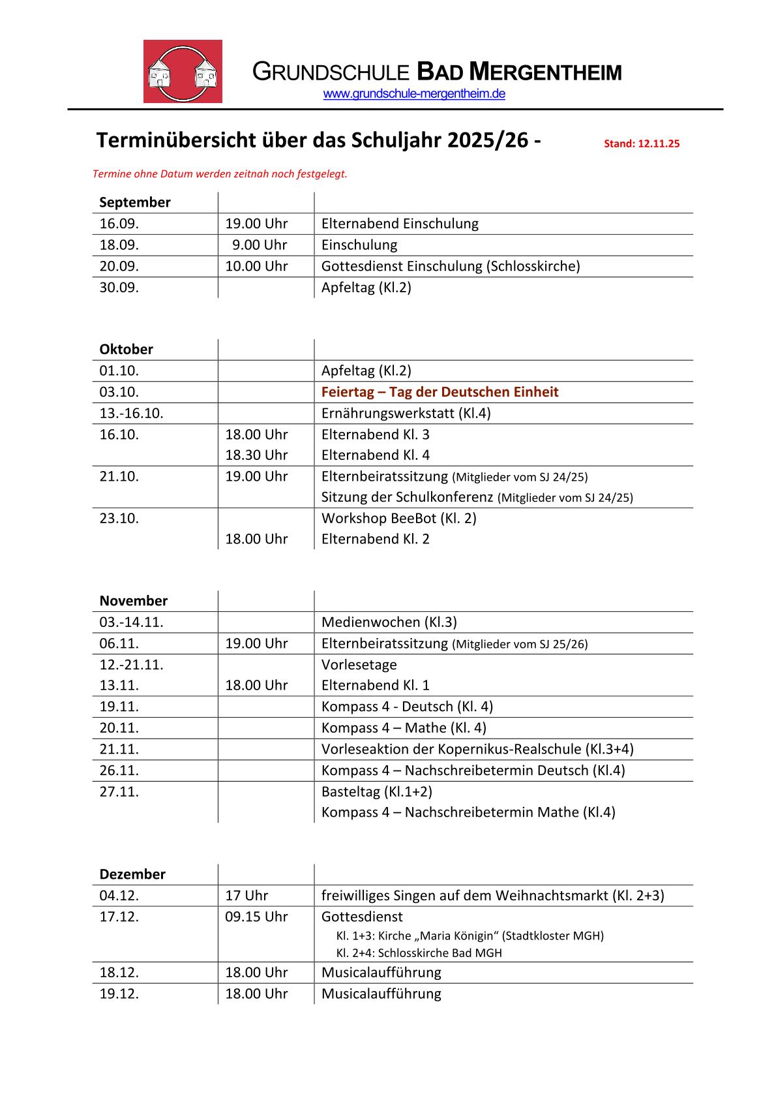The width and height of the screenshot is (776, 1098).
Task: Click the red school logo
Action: click(183, 71)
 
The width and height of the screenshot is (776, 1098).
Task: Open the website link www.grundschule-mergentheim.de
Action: click(414, 94)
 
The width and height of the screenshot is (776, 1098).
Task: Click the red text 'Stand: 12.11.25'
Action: click(641, 144)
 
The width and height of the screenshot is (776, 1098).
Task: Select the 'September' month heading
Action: click(135, 202)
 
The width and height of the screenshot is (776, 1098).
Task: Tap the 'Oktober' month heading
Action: click(126, 349)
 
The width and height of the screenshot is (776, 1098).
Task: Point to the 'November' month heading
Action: click(133, 600)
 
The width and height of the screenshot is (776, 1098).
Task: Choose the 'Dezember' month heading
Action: click(132, 874)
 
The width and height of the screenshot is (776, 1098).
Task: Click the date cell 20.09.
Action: click(119, 266)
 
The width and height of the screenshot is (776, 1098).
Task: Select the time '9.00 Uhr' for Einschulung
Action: click(260, 245)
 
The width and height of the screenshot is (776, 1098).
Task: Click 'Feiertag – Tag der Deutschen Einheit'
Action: click(440, 391)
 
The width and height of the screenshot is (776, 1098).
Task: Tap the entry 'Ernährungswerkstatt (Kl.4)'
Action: click(406, 413)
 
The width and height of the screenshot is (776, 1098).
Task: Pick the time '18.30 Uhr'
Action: click(256, 455)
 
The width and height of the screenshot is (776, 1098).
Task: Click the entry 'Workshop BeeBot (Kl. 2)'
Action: click(398, 518)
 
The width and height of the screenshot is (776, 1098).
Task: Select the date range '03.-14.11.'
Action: click(131, 622)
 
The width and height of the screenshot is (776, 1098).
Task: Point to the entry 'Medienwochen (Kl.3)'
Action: click(389, 622)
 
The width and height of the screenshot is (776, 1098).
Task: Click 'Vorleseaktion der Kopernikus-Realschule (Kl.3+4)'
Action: click(477, 748)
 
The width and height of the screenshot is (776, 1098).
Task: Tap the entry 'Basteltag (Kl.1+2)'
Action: click(376, 791)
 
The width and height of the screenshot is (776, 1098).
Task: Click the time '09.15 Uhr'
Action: click(256, 917)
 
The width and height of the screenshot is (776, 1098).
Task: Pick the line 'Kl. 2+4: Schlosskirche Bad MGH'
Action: click(419, 953)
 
